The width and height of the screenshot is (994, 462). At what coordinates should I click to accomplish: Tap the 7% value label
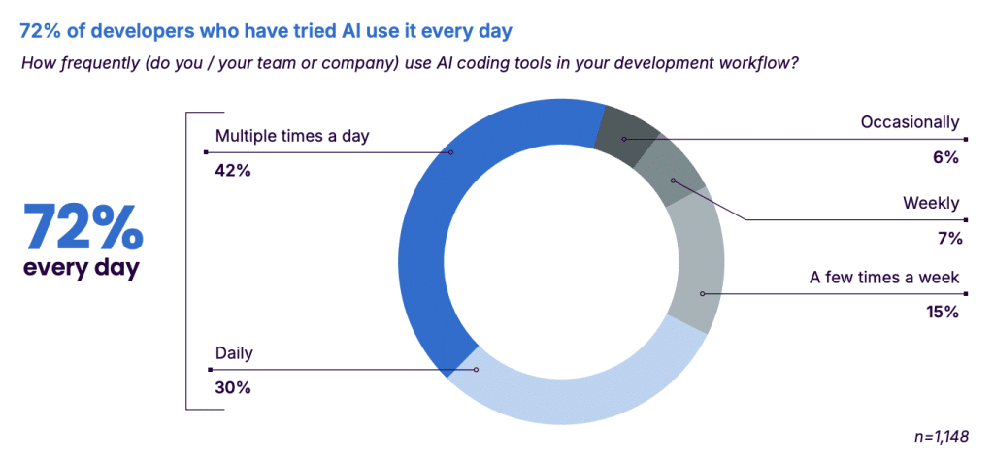948,239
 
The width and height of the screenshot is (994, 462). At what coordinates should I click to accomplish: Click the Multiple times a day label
291,136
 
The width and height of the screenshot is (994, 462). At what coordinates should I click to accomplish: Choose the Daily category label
234,353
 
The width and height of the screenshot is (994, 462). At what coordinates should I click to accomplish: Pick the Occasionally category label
910,122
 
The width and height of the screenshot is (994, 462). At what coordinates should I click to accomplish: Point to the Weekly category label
931,204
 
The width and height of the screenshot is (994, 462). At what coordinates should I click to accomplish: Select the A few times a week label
885,278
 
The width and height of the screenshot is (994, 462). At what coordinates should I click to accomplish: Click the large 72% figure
83,227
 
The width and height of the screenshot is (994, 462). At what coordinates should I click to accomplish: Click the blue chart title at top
266,31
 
